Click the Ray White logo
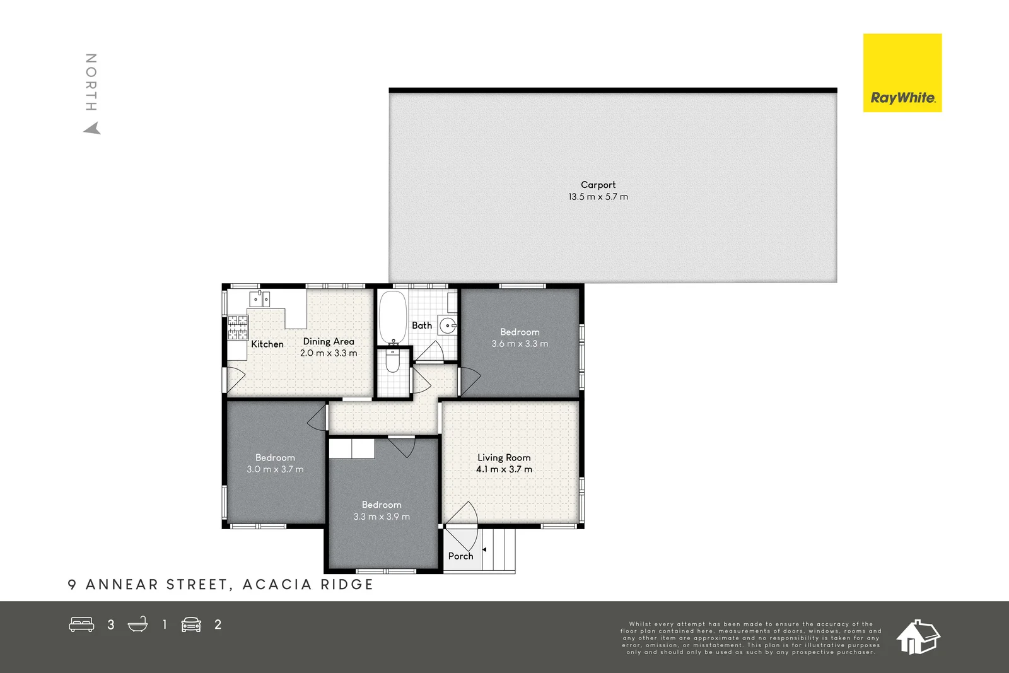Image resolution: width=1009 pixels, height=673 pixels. tap(902, 73)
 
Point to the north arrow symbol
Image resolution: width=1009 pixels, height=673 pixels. tap(93, 129)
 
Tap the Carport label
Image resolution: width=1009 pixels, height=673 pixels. tap(598, 185)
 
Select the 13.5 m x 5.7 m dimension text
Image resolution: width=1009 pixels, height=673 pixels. tap(598, 197)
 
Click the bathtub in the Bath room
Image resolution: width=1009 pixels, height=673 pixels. tap(393, 316)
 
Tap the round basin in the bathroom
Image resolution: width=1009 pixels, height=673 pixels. tap(448, 326)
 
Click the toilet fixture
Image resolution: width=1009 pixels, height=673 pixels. tap(392, 361)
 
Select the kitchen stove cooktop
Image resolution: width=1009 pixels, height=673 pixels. tap(238, 327)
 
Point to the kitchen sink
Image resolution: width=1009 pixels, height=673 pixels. tap(260, 298)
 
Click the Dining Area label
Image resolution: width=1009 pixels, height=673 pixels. tap(329, 341)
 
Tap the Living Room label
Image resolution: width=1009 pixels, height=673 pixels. tap(504, 457)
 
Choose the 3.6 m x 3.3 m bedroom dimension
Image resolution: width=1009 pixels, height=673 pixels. tap(520, 344)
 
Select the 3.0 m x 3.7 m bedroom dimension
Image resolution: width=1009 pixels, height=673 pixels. tap(275, 469)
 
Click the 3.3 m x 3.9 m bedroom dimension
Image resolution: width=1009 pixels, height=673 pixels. tap(382, 517)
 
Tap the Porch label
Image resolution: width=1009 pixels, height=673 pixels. tap(460, 556)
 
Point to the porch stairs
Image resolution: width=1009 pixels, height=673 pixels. tap(499, 549)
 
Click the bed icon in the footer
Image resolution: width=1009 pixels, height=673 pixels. tap(81, 624)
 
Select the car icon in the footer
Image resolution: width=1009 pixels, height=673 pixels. tap(191, 624)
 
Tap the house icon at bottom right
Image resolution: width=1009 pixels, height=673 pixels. tap(918, 636)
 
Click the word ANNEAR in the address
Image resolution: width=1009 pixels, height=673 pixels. tap(121, 585)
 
